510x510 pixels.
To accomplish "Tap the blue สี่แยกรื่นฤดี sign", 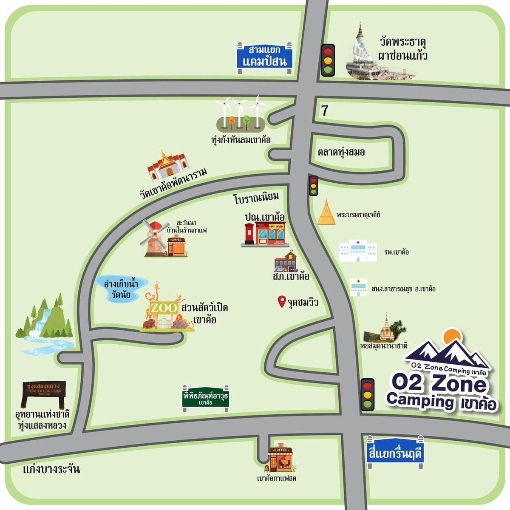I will click(x=395, y=453).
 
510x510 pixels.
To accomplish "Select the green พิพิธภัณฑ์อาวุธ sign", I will click(x=206, y=398).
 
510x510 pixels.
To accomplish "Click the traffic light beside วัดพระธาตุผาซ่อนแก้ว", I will click(x=328, y=60).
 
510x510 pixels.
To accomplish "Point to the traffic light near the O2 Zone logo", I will click(x=368, y=394).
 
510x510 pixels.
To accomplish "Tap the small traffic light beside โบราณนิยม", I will click(x=314, y=186).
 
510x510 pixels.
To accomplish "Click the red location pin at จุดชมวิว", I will click(x=281, y=302).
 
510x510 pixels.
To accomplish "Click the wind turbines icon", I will click(x=241, y=114).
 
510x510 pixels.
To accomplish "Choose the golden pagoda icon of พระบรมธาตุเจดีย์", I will click(x=326, y=212).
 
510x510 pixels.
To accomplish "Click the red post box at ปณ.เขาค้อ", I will click(x=249, y=235).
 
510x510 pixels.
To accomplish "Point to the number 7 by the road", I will click(x=325, y=111).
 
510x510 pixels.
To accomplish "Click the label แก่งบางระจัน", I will click(x=51, y=469).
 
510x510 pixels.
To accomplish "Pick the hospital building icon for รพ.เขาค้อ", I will click(x=358, y=251).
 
